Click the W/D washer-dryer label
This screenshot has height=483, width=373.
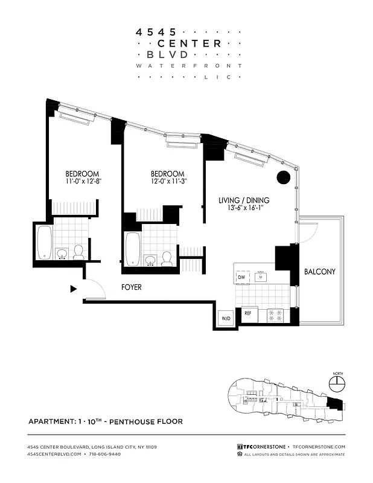tap(225, 318)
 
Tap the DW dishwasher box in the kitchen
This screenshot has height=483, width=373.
tap(241, 277)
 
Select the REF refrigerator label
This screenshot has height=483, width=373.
tap(247, 314)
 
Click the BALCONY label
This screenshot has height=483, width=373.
tap(319, 272)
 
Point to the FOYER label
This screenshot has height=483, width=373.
tap(131, 287)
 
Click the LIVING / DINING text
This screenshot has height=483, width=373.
tap(244, 200)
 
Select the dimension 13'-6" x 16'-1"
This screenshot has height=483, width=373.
tap(244, 210)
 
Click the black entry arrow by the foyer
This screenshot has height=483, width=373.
tap(74, 289)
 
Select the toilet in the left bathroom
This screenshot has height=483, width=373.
tap(78, 252)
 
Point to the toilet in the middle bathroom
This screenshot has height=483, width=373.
tap(167, 259)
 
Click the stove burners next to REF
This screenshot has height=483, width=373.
tap(275, 315)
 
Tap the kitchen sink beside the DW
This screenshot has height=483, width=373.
tap(261, 277)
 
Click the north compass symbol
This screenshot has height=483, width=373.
tap(337, 383)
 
